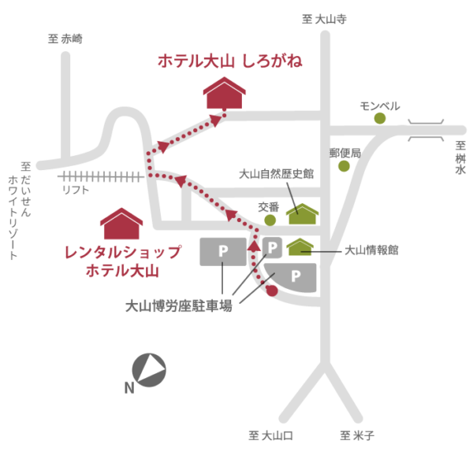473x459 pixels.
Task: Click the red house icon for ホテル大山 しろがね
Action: tap(225, 94)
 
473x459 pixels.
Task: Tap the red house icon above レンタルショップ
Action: tap(121, 224)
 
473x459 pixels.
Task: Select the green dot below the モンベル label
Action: tap(380, 118)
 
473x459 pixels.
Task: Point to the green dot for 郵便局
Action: tap(344, 166)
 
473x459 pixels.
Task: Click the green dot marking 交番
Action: tap(270, 220)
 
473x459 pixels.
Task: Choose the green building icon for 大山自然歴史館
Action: tap(303, 214)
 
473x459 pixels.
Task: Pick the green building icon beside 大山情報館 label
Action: tap(300, 248)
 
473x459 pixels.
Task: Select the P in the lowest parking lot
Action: tap(296, 276)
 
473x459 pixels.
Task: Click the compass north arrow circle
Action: tap(148, 370)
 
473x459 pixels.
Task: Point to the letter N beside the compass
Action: tap(128, 387)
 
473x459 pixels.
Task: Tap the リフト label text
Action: tap(76, 190)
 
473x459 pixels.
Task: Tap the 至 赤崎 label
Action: tap(65, 38)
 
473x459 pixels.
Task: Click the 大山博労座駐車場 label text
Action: tap(179, 306)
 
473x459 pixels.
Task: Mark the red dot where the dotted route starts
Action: tap(273, 292)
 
